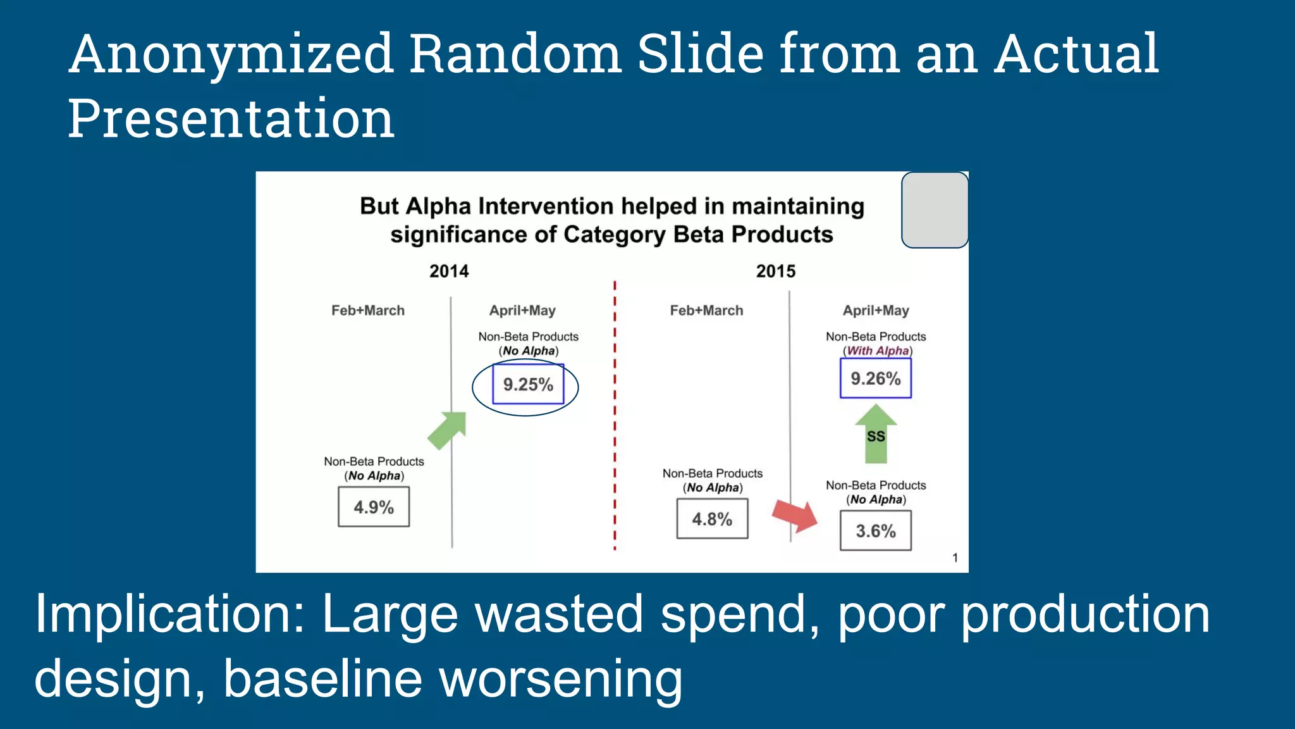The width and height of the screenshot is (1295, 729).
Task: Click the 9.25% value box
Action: click(528, 384)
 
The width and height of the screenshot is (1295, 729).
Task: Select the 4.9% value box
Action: click(374, 507)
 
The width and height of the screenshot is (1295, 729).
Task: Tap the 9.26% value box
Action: click(875, 378)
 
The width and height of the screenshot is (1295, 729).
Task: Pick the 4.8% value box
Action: click(712, 519)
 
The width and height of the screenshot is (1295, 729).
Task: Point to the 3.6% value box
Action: click(876, 531)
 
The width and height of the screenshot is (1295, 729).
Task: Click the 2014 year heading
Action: click(449, 271)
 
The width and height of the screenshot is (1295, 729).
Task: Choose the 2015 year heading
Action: click(776, 271)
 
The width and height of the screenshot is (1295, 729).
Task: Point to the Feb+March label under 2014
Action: click(368, 311)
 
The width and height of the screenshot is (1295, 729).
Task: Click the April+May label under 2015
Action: click(876, 311)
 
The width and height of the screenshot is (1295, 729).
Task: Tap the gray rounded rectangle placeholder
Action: click(935, 210)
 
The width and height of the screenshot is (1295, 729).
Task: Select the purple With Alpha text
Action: click(878, 351)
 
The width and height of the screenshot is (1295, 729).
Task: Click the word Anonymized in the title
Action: click(231, 54)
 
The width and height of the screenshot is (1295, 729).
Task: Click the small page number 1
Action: click(955, 558)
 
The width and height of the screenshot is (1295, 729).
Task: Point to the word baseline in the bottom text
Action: click(322, 678)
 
